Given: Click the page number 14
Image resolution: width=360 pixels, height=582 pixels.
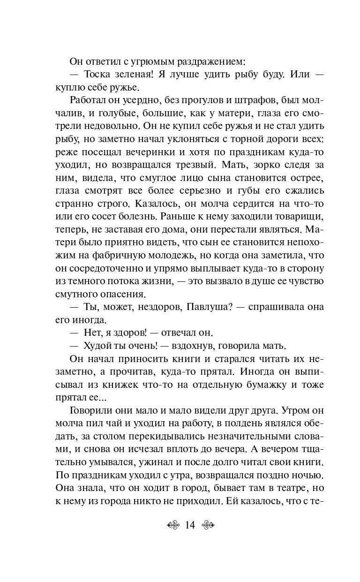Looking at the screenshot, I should [x=190, y=525].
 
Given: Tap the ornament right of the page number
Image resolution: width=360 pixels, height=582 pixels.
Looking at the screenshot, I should [x=207, y=525].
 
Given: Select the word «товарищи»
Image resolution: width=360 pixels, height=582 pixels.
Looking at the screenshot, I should [x=295, y=219].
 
